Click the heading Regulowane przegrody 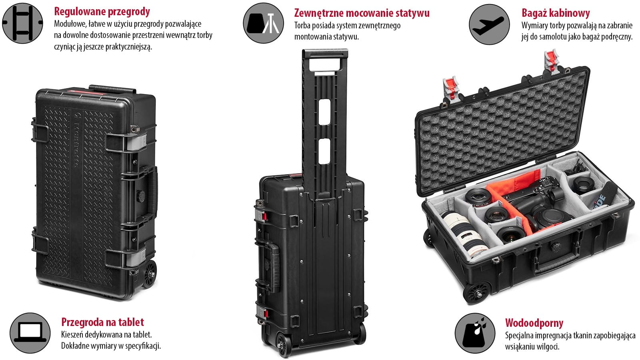[x=102, y=12]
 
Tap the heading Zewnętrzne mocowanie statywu [x=362, y=13]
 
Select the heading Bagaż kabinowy [x=556, y=13]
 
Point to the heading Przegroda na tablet [x=102, y=322]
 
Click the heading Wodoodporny [x=534, y=323]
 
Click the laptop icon [x=30, y=333]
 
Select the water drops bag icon [x=475, y=333]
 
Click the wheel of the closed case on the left [x=150, y=274]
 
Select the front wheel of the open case [x=477, y=293]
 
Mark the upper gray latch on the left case [x=134, y=142]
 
